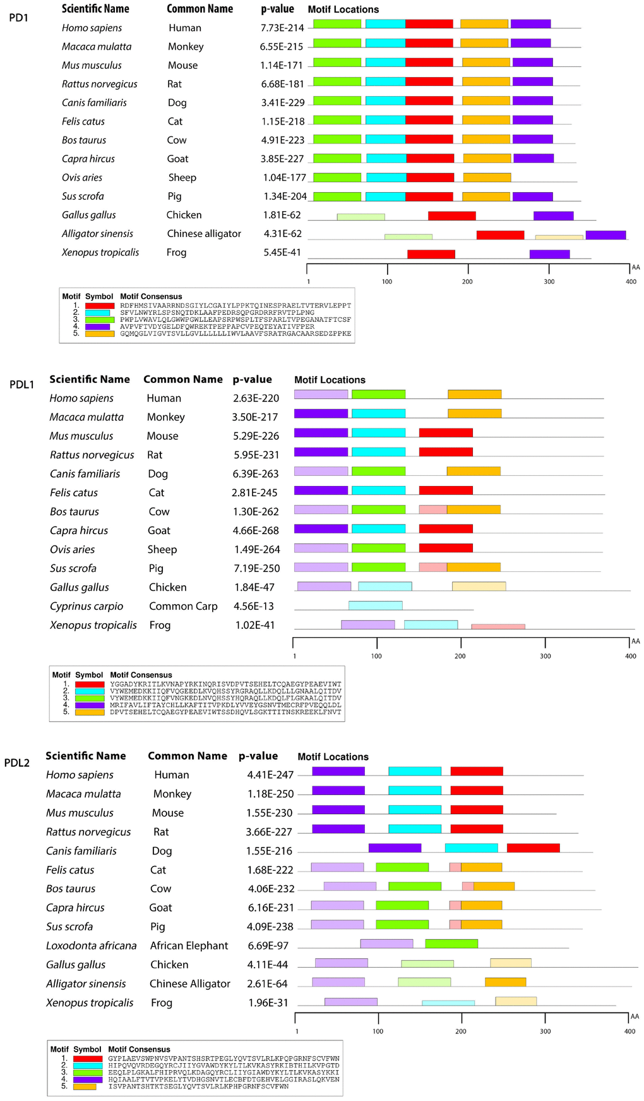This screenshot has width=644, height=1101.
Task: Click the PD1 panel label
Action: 18,18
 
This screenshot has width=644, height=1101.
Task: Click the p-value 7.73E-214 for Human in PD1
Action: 282,28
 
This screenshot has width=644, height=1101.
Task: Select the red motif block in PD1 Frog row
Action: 431,254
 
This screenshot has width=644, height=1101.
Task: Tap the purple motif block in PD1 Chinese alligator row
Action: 605,235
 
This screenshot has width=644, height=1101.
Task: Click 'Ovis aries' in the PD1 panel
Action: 82,178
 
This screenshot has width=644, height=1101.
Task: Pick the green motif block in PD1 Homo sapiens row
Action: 337,24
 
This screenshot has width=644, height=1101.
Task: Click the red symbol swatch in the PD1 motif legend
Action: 99,306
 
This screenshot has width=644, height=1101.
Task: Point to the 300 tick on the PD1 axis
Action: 549,281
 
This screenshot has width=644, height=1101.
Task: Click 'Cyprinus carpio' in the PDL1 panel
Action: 86,606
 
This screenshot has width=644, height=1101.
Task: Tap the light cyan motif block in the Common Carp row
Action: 375,605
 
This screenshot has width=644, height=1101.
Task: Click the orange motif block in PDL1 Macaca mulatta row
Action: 474,413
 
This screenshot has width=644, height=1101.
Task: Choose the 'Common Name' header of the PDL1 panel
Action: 182,379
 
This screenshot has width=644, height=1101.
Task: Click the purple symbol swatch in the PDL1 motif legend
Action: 89,705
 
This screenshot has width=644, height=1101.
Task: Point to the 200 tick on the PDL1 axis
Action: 460,656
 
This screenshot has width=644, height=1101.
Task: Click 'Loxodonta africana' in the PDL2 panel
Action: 91,946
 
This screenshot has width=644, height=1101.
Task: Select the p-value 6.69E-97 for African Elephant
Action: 268,946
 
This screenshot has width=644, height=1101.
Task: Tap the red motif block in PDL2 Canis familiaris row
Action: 533,848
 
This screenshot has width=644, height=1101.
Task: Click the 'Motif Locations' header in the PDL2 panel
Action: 333,757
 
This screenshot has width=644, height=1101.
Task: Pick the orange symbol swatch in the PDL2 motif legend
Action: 85,1086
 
